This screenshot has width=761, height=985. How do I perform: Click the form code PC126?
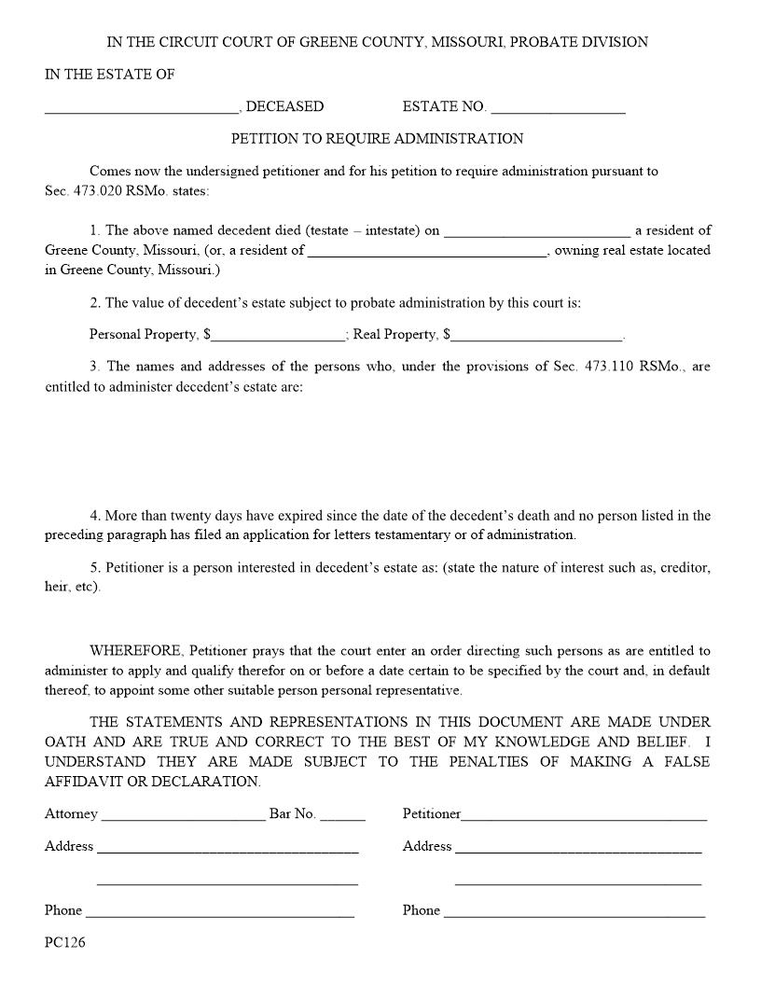pos(64,942)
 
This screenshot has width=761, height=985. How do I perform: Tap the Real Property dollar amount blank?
pos(537,336)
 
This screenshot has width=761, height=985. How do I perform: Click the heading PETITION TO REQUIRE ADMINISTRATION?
pos(377,139)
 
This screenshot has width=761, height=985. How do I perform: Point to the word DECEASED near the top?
pos(284,107)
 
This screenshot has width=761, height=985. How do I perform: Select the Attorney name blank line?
pos(183,815)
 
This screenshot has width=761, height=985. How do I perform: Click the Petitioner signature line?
pos(584,815)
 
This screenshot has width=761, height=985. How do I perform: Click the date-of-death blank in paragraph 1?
pos(537,231)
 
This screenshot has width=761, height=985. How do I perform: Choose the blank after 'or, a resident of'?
pos(427,251)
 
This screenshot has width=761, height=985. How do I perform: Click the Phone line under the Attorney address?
pos(220,912)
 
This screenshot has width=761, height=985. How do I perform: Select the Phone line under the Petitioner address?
pos(574,912)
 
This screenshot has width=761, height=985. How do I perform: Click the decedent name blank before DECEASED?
pos(141,108)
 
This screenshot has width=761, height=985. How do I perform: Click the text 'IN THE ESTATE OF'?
pos(110,75)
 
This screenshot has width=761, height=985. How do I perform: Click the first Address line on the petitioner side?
pos(578,848)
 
